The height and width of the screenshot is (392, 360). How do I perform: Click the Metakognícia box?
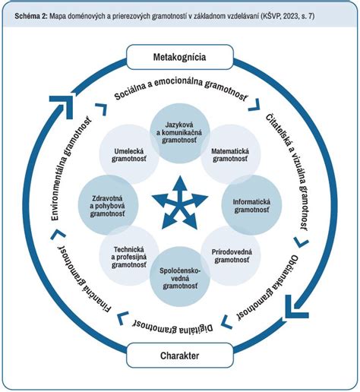(180, 57)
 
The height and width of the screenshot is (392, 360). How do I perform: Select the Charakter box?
(180, 356)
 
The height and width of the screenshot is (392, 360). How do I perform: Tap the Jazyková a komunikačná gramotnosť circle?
(179, 133)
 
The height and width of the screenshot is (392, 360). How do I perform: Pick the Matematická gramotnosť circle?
(230, 154)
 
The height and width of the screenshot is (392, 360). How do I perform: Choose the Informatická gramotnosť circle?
(251, 205)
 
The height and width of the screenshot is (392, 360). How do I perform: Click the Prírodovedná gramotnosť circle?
(231, 256)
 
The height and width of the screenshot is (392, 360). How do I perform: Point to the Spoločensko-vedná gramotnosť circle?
(180, 277)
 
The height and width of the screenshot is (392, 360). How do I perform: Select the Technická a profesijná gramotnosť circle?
(129, 256)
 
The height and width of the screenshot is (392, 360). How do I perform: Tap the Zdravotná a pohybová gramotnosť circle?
(108, 205)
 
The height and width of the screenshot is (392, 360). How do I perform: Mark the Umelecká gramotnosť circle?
(129, 154)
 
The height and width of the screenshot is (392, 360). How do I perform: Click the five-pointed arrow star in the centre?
(180, 203)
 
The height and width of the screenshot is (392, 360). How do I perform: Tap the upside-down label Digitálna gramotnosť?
(173, 327)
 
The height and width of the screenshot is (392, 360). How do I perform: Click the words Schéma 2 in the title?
(31, 16)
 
